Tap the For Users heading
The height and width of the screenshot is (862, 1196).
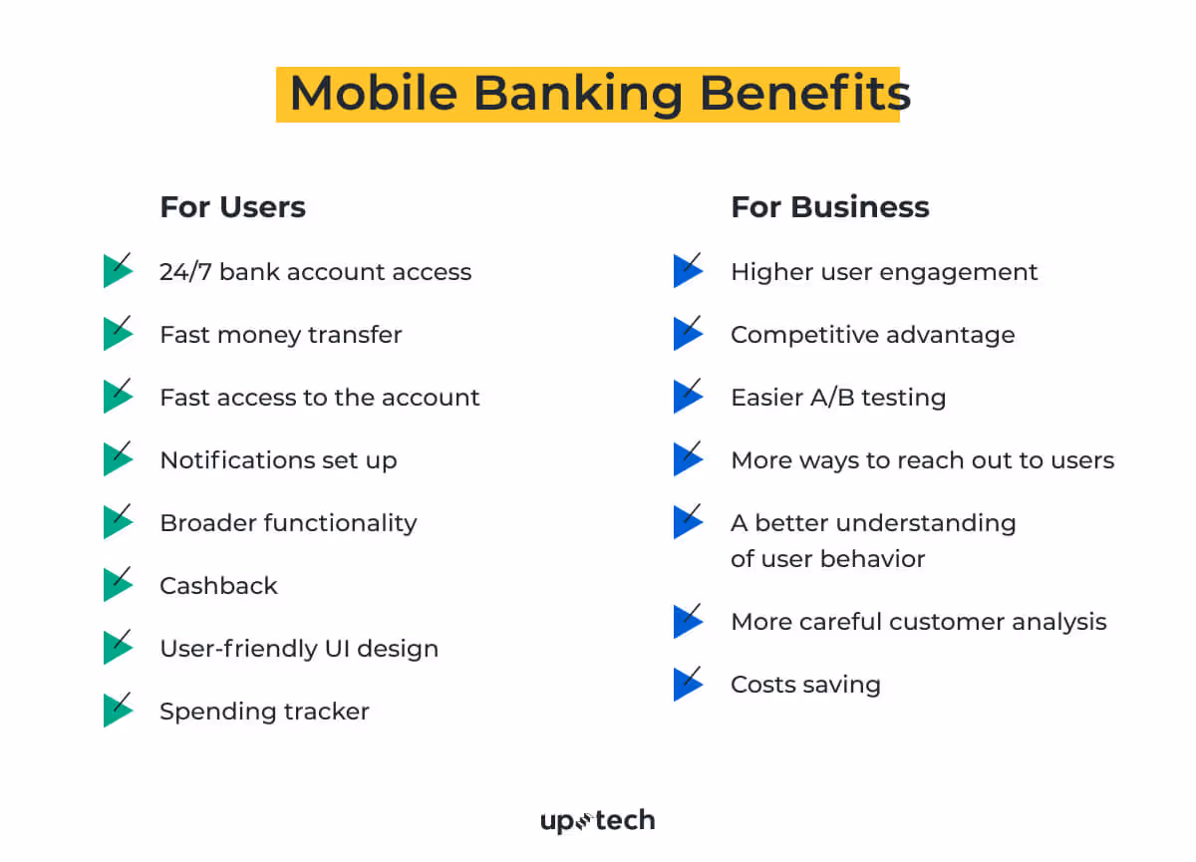pyautogui.click(x=232, y=207)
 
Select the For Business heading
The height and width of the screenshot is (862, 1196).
pyautogui.click(x=829, y=207)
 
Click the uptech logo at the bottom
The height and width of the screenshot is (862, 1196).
pyautogui.click(x=597, y=821)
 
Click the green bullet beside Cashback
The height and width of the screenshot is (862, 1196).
pyautogui.click(x=117, y=585)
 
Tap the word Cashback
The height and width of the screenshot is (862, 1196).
pyautogui.click(x=218, y=586)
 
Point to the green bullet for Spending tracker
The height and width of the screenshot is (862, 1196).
pyautogui.click(x=117, y=711)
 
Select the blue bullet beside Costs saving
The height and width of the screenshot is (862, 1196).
pyautogui.click(x=687, y=685)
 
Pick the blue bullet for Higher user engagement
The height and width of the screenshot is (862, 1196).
pyautogui.click(x=687, y=271)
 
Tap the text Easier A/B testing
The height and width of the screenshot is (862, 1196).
pyautogui.click(x=837, y=398)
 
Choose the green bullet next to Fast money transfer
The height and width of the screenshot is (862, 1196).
pyautogui.click(x=117, y=334)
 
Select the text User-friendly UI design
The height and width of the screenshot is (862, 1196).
pyautogui.click(x=299, y=649)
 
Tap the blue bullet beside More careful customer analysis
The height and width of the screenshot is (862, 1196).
pyautogui.click(x=687, y=622)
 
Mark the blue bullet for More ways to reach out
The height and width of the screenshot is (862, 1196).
pyautogui.click(x=687, y=459)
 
